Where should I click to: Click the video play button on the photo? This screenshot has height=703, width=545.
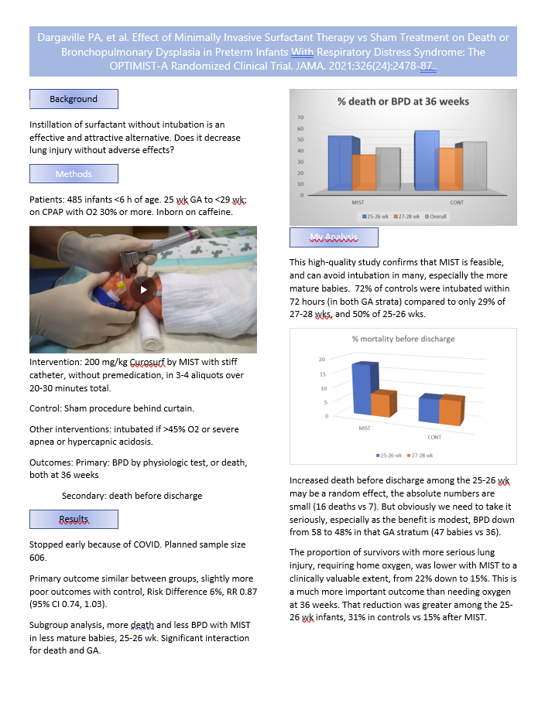[142, 289]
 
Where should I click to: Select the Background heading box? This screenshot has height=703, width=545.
[74, 99]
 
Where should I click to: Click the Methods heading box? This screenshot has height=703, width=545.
[74, 174]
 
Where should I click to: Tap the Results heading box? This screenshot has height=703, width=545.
[74, 519]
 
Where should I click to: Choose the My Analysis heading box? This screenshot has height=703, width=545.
[334, 237]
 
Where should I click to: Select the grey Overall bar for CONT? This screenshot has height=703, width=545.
[475, 166]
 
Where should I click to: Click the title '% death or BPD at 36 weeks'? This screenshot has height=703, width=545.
[403, 101]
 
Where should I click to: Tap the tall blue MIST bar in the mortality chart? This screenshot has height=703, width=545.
[361, 391]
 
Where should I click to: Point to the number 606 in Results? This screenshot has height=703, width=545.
[39, 557]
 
